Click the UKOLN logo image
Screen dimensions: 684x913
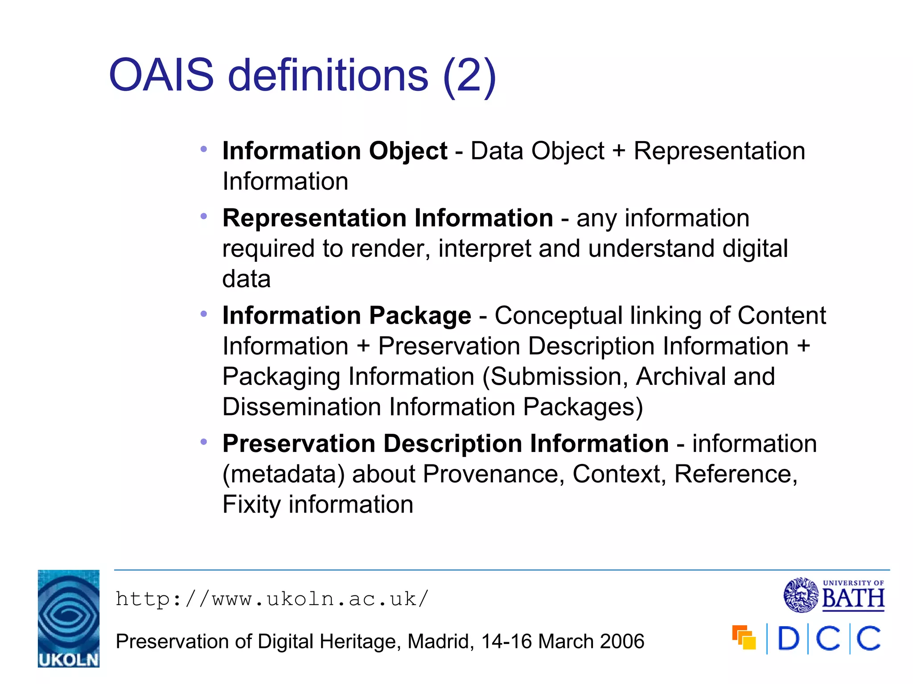pyautogui.click(x=68, y=618)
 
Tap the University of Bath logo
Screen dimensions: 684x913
pyautogui.click(x=834, y=595)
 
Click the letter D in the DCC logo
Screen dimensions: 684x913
pyautogui.click(x=788, y=639)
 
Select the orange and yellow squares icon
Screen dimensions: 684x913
pyautogui.click(x=744, y=637)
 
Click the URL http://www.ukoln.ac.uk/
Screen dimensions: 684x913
pyautogui.click(x=272, y=599)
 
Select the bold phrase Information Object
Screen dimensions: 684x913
pyautogui.click(x=335, y=151)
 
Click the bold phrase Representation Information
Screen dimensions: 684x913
pyautogui.click(x=387, y=218)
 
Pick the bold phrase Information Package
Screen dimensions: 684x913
pyautogui.click(x=346, y=315)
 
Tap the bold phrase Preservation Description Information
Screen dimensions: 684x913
pyautogui.click(x=445, y=444)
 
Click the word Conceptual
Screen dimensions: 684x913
pyautogui.click(x=558, y=315)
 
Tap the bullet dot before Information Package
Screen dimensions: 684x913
pyautogui.click(x=204, y=314)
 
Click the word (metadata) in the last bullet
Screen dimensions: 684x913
pyautogui.click(x=284, y=474)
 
